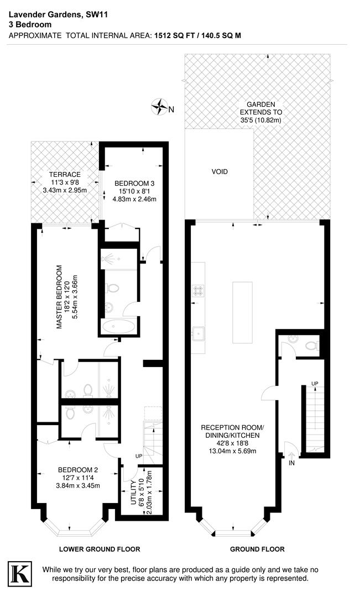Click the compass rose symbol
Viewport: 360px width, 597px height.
(161, 107)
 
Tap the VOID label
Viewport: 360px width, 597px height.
(220, 172)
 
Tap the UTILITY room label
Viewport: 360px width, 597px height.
(133, 493)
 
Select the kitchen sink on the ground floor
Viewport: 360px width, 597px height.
(199, 333)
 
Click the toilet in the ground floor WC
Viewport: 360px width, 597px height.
(310, 346)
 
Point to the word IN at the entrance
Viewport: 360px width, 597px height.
(291, 463)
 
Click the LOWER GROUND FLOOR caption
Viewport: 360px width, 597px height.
(100, 549)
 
